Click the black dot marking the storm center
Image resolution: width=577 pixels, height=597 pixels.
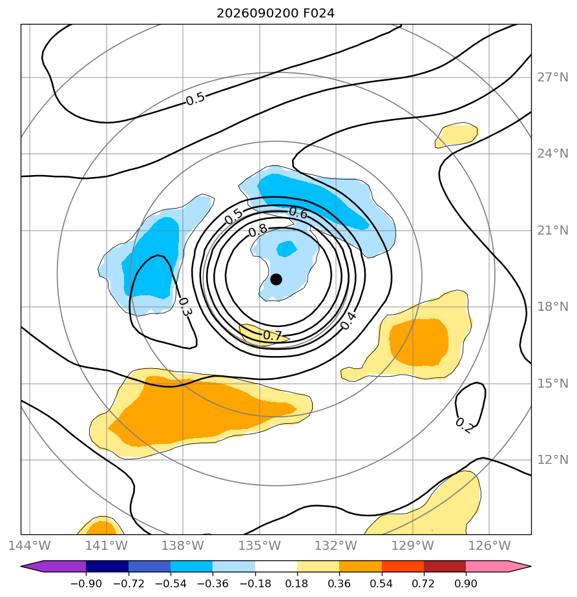point(276,280)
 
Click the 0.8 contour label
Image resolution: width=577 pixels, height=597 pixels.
point(258,231)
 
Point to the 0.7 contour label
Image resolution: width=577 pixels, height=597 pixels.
point(272,335)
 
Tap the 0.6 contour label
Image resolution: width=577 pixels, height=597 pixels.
point(299,213)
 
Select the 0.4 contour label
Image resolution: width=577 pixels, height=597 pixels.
point(348,320)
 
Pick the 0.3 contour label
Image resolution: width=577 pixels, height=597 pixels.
point(185,307)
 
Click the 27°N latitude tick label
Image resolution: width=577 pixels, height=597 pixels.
point(552,78)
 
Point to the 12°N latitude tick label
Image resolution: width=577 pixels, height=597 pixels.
point(552,459)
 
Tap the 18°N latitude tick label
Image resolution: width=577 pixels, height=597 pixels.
point(552,306)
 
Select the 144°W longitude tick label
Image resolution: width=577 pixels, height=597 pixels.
point(30,545)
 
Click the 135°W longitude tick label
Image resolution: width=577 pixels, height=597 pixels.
point(260,545)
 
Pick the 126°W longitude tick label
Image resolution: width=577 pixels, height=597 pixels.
point(489,545)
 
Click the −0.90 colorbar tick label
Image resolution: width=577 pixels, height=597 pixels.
point(86,583)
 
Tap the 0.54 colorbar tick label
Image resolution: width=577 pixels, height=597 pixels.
point(382,583)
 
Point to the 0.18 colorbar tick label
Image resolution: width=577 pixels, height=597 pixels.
point(297,583)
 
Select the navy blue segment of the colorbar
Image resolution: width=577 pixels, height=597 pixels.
point(107,567)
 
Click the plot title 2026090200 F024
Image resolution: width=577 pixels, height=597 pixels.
point(276,14)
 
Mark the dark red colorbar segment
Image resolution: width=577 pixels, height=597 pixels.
point(445,567)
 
